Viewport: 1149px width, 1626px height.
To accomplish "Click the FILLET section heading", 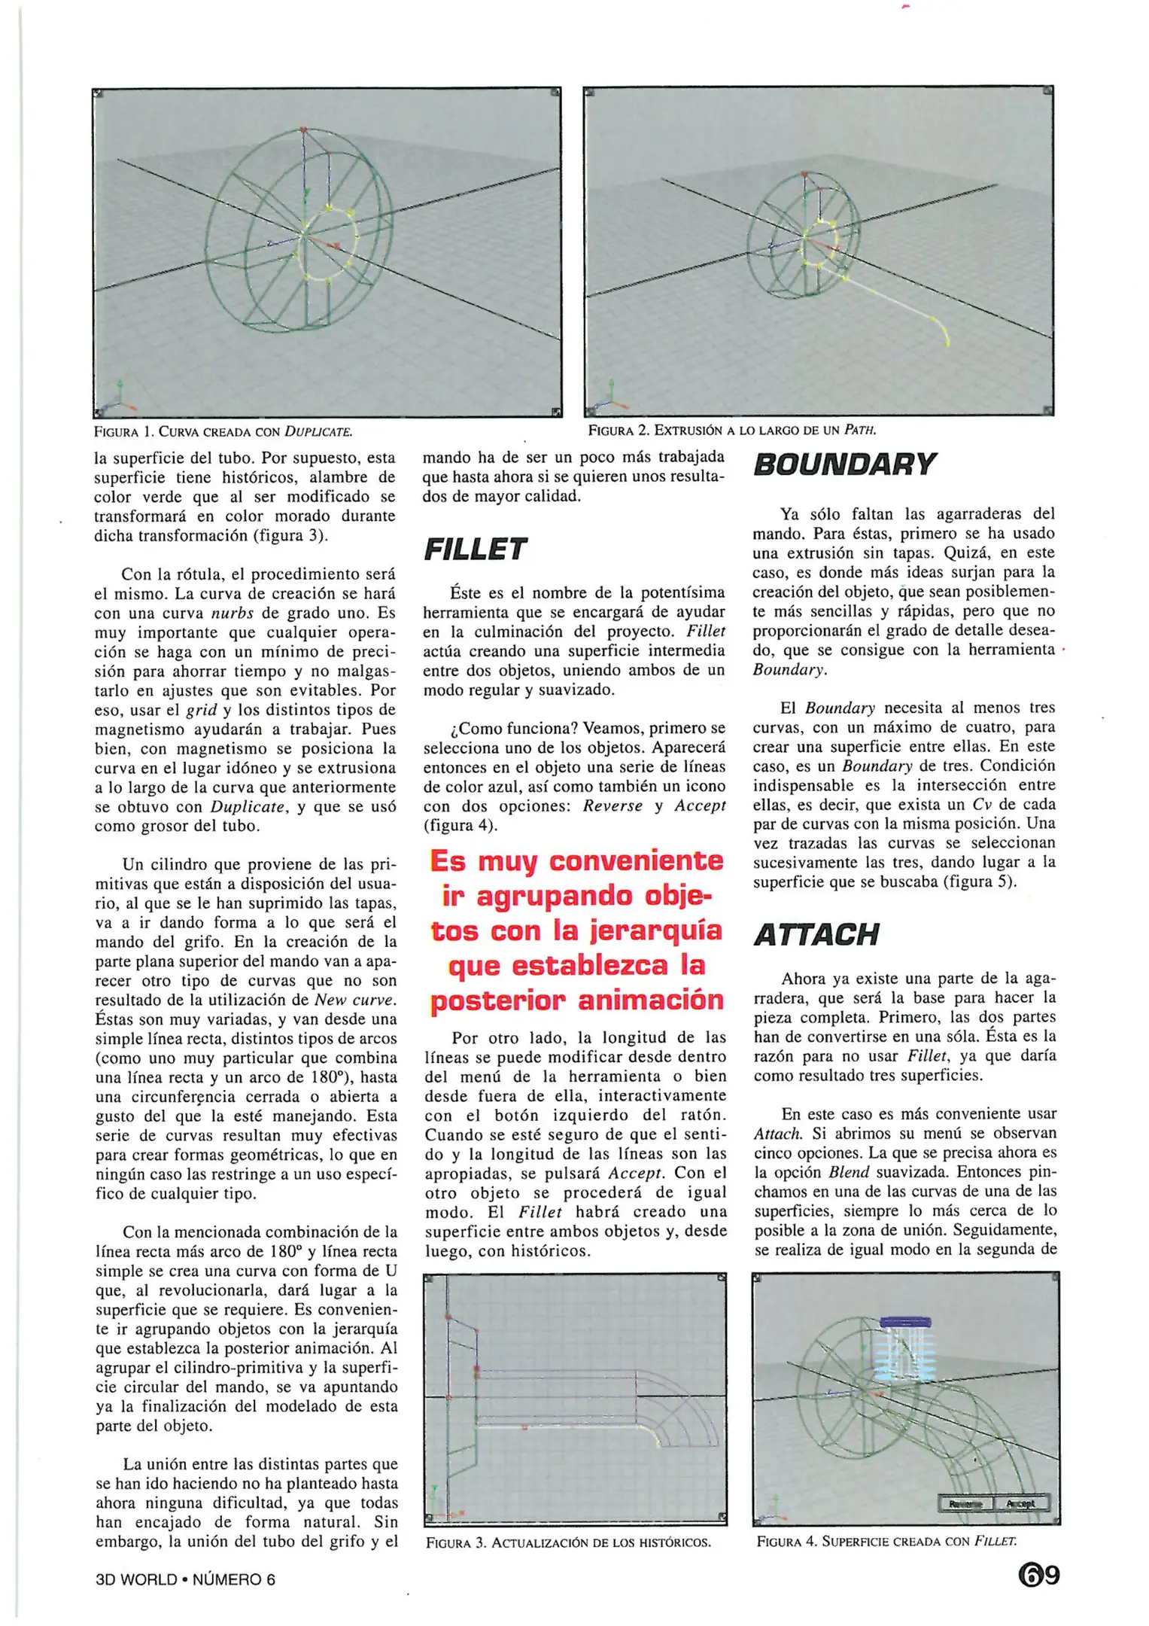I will (x=475, y=550).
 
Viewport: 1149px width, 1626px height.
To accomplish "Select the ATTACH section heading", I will (x=816, y=935).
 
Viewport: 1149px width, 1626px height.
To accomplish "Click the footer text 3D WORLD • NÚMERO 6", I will (x=185, y=1579).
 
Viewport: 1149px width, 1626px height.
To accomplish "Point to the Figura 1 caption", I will (x=223, y=432).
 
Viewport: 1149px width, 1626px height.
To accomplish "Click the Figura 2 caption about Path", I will (x=732, y=431).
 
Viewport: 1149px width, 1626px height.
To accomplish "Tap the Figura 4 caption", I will (x=886, y=1541).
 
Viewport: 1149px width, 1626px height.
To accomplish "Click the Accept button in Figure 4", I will (x=1021, y=1503).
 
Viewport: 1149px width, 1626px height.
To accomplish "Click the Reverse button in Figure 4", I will (x=965, y=1503).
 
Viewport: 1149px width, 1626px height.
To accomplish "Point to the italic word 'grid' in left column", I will (x=202, y=710).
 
